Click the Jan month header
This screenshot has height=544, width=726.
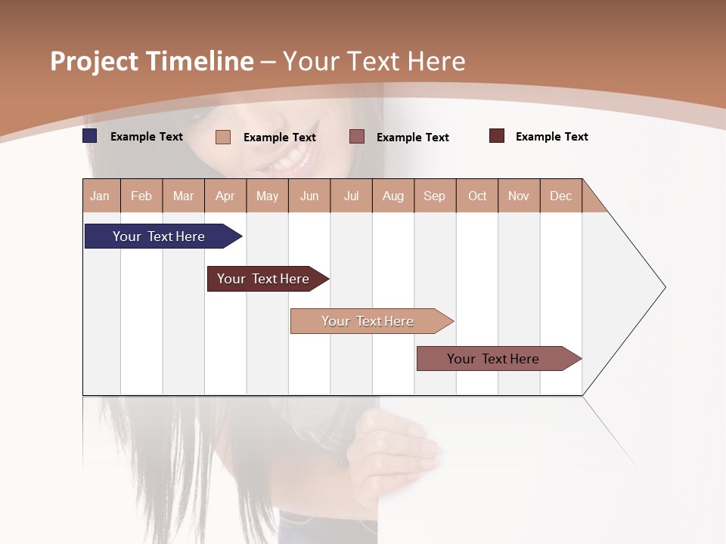(x=100, y=196)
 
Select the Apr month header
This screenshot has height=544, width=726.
(x=225, y=196)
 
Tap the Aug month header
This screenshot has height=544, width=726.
(x=392, y=196)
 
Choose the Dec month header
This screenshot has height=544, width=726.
(x=560, y=196)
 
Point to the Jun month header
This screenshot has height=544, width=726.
(x=309, y=196)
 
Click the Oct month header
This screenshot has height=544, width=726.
(x=476, y=196)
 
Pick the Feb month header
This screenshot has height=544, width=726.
(x=141, y=196)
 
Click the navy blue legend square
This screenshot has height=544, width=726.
(x=90, y=136)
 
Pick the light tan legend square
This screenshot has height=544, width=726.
(x=223, y=137)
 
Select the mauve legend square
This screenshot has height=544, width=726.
(x=357, y=137)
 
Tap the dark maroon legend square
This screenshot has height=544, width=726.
(x=497, y=136)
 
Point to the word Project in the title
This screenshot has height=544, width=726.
(x=94, y=61)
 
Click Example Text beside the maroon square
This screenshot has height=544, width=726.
(x=551, y=137)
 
